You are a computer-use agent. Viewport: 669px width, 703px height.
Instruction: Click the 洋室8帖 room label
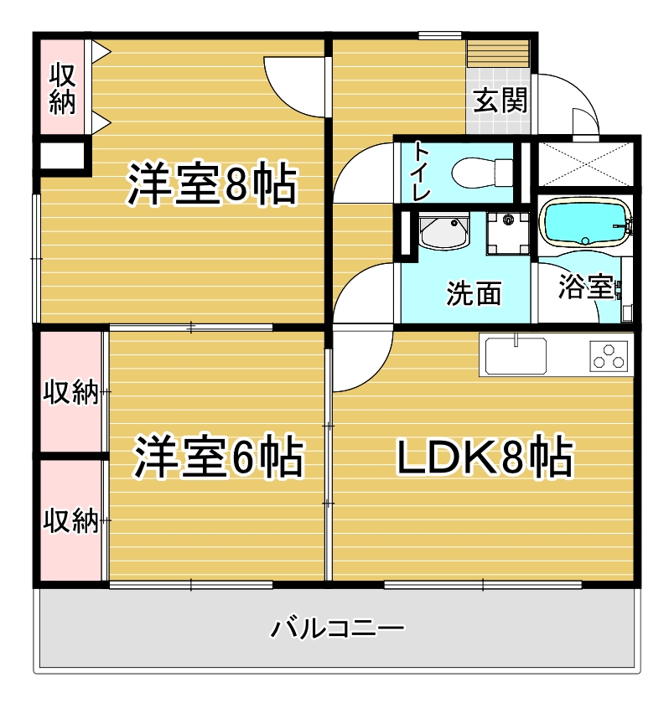click(212, 185)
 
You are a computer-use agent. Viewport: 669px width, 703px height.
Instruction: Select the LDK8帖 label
click(484, 457)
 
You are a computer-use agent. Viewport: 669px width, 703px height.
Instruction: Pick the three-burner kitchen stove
click(610, 356)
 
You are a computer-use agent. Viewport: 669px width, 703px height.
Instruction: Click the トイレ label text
click(420, 173)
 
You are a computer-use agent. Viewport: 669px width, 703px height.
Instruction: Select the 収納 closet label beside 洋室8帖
click(63, 88)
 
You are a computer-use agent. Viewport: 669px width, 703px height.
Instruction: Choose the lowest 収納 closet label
click(71, 520)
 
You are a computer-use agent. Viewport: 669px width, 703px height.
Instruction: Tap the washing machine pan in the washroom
click(508, 233)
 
